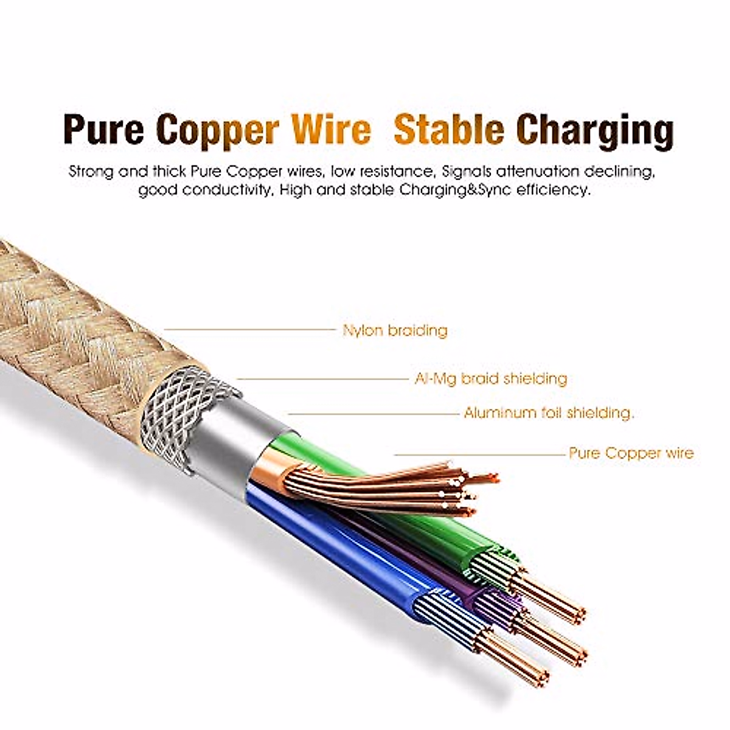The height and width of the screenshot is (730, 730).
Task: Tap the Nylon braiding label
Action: coord(395,331)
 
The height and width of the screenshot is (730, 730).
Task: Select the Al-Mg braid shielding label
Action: coord(490,379)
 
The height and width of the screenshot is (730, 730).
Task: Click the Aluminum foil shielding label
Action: coord(549,414)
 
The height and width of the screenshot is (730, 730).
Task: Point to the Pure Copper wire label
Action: coord(631,453)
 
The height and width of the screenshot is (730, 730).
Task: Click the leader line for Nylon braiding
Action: coord(249,330)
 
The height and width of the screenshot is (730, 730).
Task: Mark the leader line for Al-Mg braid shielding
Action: coord(322,379)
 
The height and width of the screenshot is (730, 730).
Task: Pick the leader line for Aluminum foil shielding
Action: coord(374,414)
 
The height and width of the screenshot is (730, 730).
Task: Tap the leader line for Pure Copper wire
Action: coord(481,454)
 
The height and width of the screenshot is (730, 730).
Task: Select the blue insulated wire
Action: coord(341,547)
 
